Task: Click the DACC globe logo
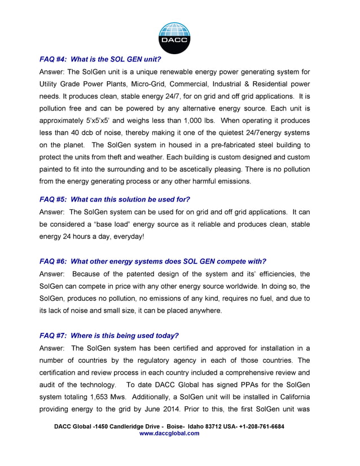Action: pos(174,37)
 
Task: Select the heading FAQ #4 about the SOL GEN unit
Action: pos(100,59)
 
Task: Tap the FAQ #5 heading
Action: pos(115,199)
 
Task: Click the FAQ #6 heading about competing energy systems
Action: pos(152,261)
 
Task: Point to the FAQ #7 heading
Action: pos(109,335)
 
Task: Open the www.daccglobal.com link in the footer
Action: pos(169,434)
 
